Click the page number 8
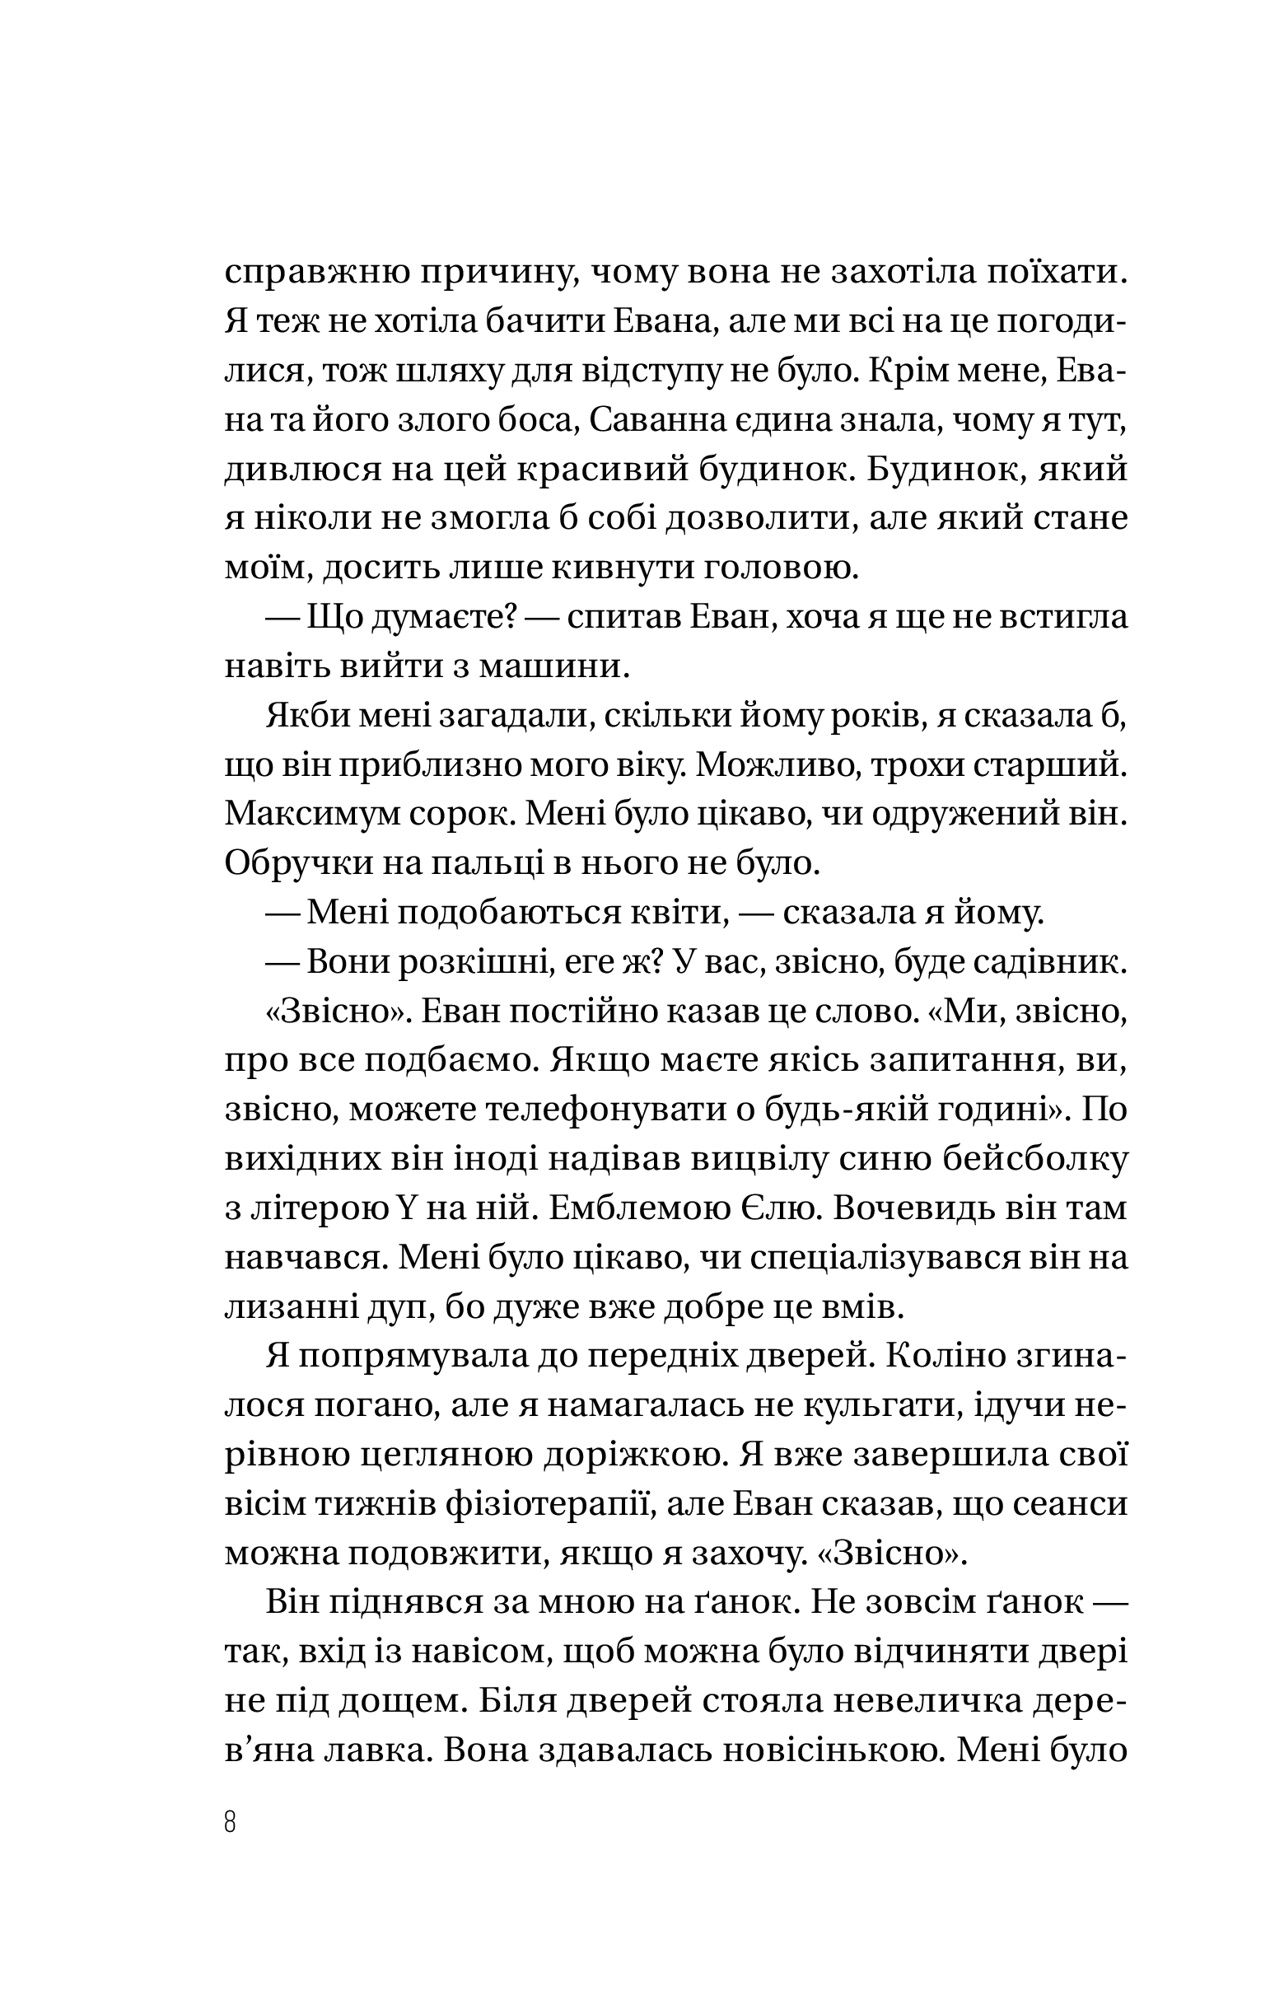231,1820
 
